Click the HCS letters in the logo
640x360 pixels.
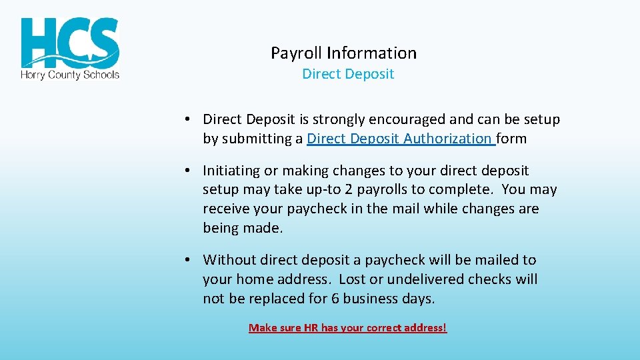coord(70,41)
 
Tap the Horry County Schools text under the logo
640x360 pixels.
coord(70,75)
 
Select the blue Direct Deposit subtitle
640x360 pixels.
coord(348,74)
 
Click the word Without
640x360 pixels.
coord(230,260)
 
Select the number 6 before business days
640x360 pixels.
coord(335,299)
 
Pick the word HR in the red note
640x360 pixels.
coord(311,328)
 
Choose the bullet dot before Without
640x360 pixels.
coord(189,260)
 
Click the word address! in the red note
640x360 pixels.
coord(427,328)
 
